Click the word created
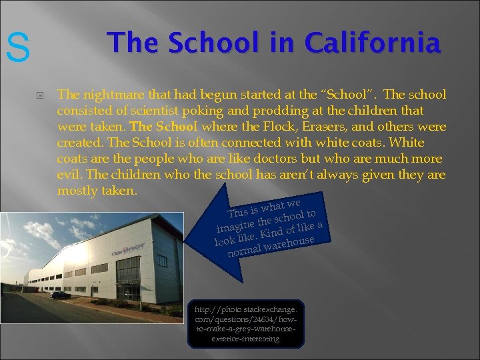click(x=79, y=143)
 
